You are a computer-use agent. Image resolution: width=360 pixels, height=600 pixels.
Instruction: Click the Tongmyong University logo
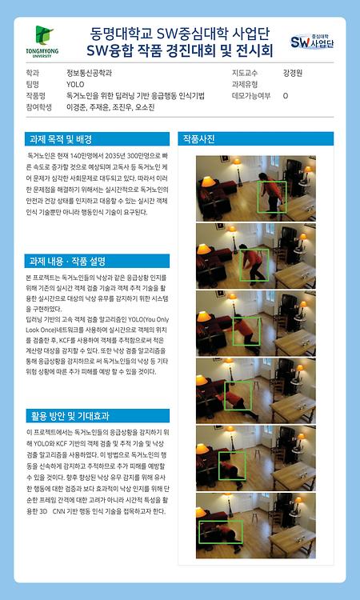(46, 42)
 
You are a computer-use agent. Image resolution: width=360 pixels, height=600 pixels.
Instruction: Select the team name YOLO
(74, 83)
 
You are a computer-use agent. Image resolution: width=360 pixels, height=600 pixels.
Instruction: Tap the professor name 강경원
(293, 72)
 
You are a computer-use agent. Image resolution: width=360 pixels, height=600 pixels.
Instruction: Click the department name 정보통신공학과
(89, 72)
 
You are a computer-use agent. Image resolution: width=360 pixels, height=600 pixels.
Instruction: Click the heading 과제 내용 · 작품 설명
(67, 261)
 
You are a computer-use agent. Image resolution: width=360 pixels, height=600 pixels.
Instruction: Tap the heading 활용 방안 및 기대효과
(69, 416)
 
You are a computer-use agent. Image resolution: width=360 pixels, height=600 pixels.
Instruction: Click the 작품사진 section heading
(199, 138)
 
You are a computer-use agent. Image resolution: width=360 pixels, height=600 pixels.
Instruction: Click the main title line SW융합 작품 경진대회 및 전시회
(180, 51)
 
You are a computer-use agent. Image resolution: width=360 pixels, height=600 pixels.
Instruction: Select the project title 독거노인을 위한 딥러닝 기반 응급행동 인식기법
(135, 94)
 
